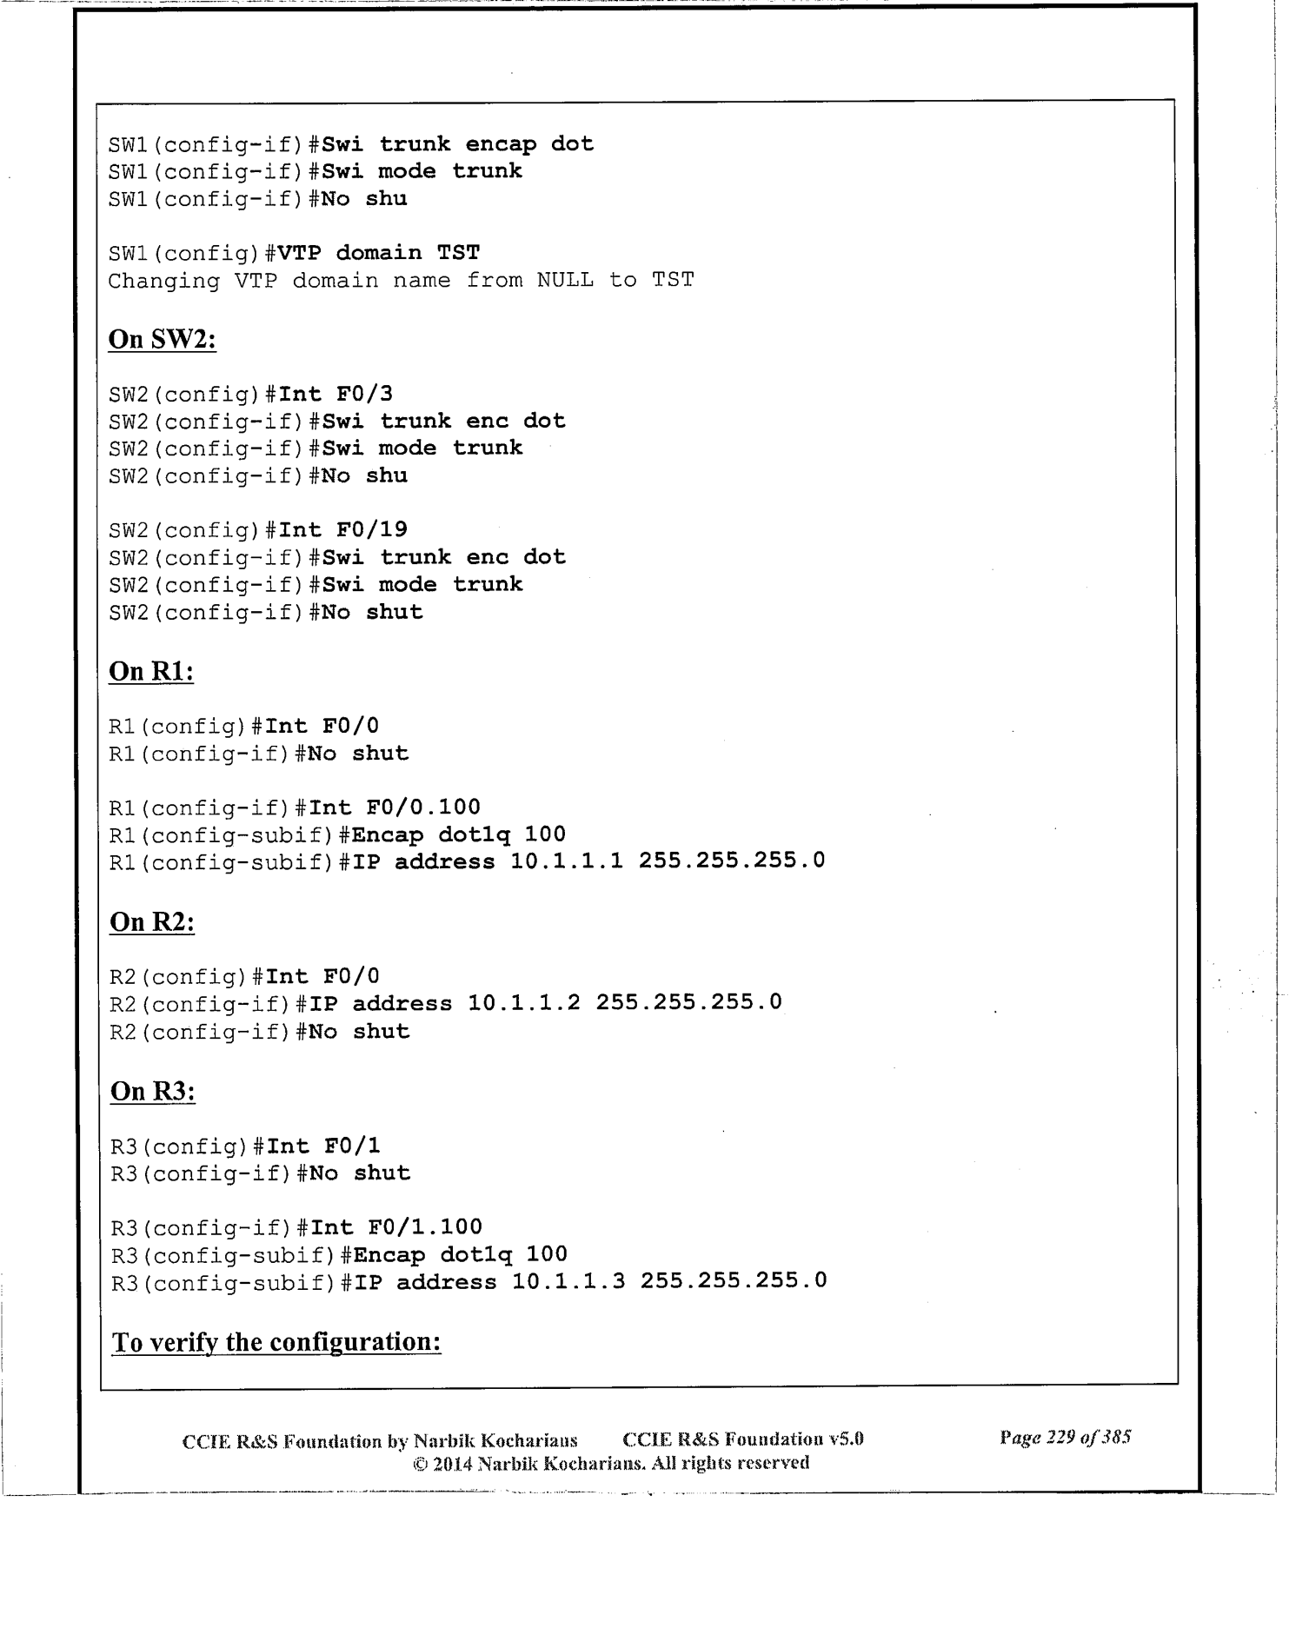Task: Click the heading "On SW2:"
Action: pyautogui.click(x=162, y=339)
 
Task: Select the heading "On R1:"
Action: pyautogui.click(x=150, y=672)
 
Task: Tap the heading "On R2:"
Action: pyautogui.click(x=151, y=921)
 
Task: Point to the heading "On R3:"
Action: pyautogui.click(x=152, y=1091)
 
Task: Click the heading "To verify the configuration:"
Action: pyautogui.click(x=276, y=1342)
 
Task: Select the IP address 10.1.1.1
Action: pyautogui.click(x=567, y=861)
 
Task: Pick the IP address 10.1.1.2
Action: pyautogui.click(x=524, y=1003)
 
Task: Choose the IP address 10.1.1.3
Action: pyautogui.click(x=568, y=1282)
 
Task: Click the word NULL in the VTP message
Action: pyautogui.click(x=565, y=281)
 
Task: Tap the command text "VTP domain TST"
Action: pyautogui.click(x=378, y=253)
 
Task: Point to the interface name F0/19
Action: pyautogui.click(x=371, y=529)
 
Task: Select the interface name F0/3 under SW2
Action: pyautogui.click(x=364, y=394)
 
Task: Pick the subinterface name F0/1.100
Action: pyautogui.click(x=425, y=1227)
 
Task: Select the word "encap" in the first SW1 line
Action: pyautogui.click(x=501, y=144)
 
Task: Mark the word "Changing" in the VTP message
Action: pyautogui.click(x=163, y=281)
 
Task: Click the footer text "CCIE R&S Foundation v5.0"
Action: pyautogui.click(x=743, y=1439)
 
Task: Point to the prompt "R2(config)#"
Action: pyautogui.click(x=185, y=976)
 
